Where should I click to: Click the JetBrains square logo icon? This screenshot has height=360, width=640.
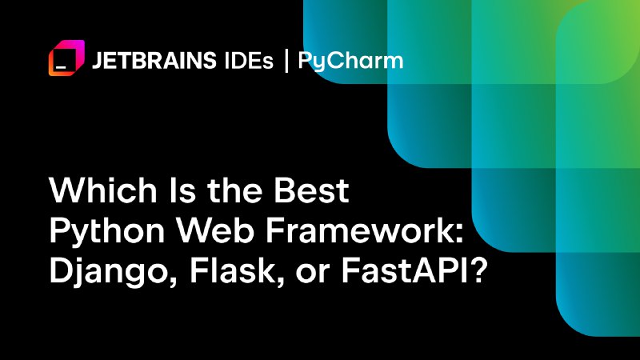[x=66, y=58]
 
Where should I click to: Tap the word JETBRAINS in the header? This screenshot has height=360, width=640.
[x=154, y=61]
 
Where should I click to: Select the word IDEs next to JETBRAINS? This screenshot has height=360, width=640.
[x=249, y=61]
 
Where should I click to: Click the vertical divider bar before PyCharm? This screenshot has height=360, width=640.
[x=286, y=61]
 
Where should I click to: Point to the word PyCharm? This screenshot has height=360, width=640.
[x=350, y=62]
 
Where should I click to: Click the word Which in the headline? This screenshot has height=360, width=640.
[x=103, y=190]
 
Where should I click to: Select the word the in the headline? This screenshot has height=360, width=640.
[x=234, y=190]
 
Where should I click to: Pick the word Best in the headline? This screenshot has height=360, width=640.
[x=311, y=190]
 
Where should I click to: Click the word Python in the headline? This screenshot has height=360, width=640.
[x=107, y=232]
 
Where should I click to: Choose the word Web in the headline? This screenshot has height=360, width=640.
[x=215, y=230]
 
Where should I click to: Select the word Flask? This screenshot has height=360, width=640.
[x=232, y=271]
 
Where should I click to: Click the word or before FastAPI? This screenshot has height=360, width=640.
[x=313, y=274]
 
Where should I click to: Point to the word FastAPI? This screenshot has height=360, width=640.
[x=404, y=271]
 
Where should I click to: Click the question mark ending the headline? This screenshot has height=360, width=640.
[x=478, y=271]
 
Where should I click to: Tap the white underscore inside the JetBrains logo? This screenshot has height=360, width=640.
[x=61, y=66]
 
